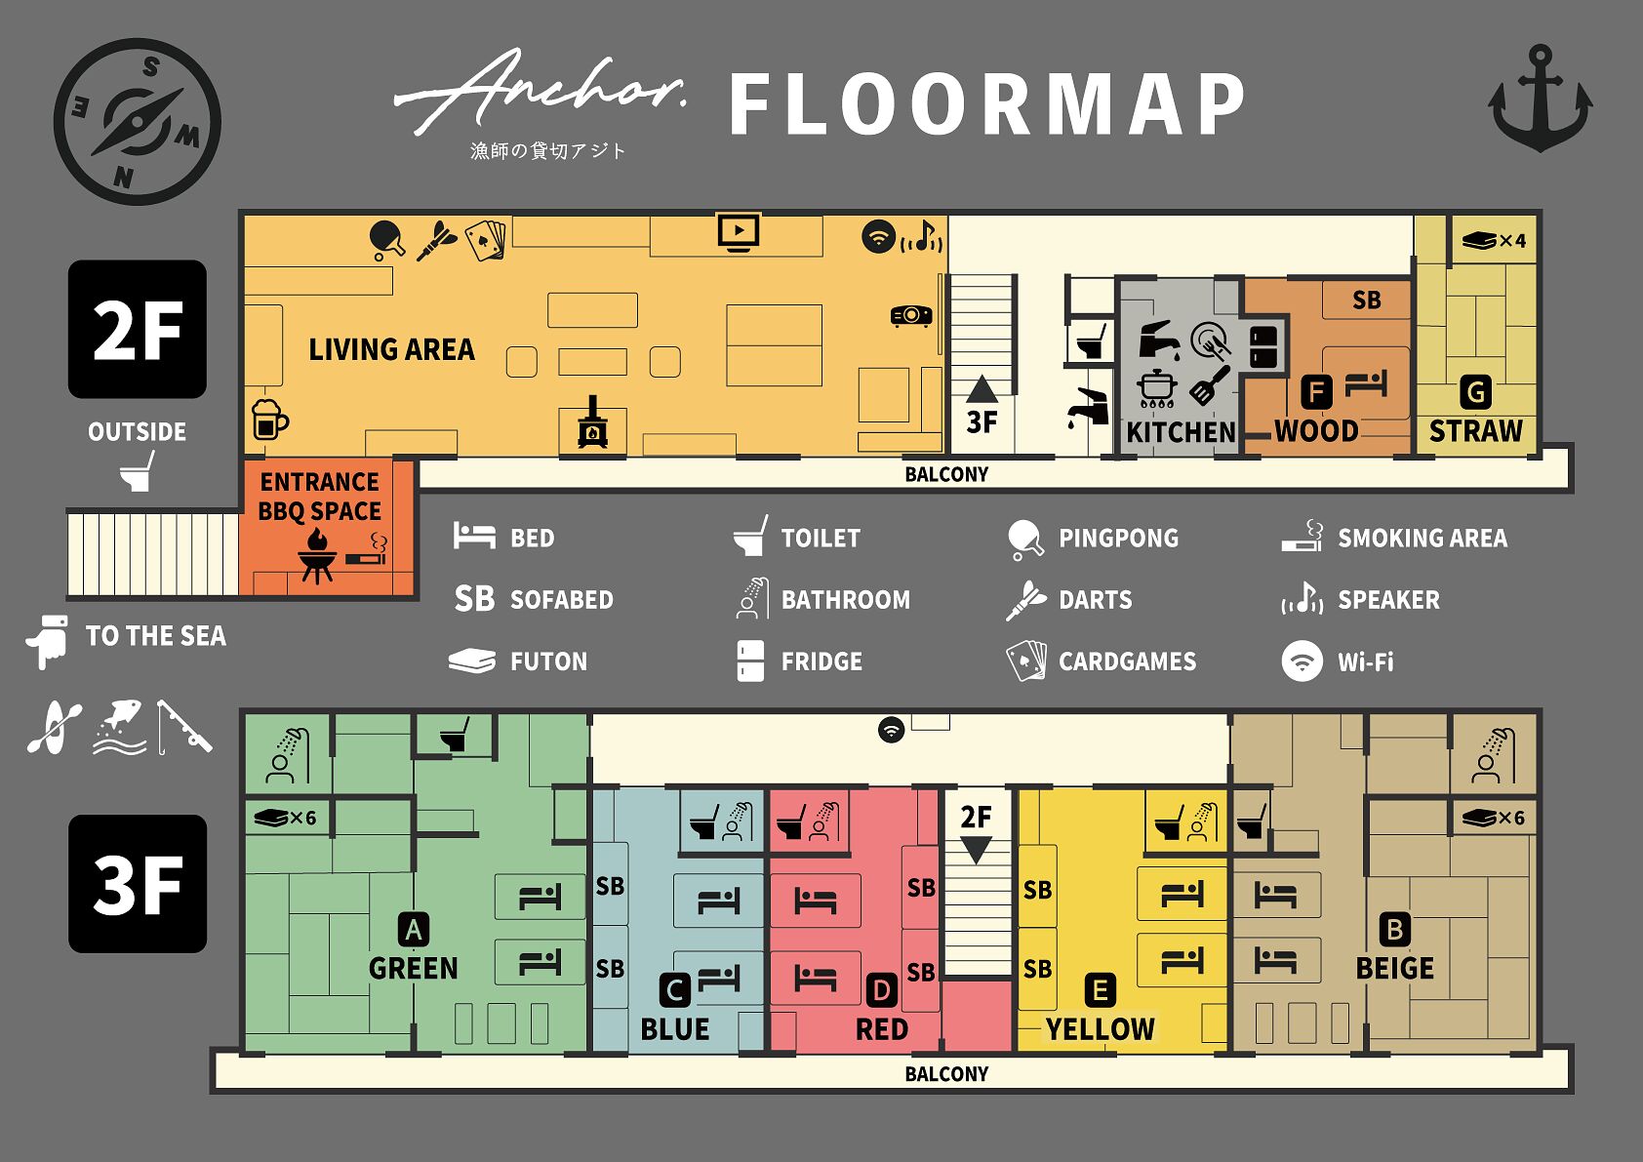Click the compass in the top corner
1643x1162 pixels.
(x=138, y=122)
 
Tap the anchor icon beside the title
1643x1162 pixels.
(x=1540, y=99)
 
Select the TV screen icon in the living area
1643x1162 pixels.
(x=739, y=232)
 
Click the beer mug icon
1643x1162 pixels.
(x=269, y=419)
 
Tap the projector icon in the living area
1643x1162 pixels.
(x=911, y=315)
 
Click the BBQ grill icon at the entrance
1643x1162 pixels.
(x=317, y=556)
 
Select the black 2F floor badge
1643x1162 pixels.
(x=138, y=330)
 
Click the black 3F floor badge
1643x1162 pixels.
(x=138, y=884)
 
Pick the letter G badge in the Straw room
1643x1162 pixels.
(x=1475, y=392)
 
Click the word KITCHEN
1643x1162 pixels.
(x=1181, y=432)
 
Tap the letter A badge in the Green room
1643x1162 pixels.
(x=413, y=930)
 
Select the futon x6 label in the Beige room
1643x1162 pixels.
(x=1494, y=818)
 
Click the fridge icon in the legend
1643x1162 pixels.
(x=749, y=661)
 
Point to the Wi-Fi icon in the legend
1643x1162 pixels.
(x=1302, y=661)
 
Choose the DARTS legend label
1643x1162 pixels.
(x=1095, y=600)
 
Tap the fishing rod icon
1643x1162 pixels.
(x=184, y=727)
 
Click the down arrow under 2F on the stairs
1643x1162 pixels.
(x=977, y=850)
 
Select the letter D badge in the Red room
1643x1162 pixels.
(x=881, y=991)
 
